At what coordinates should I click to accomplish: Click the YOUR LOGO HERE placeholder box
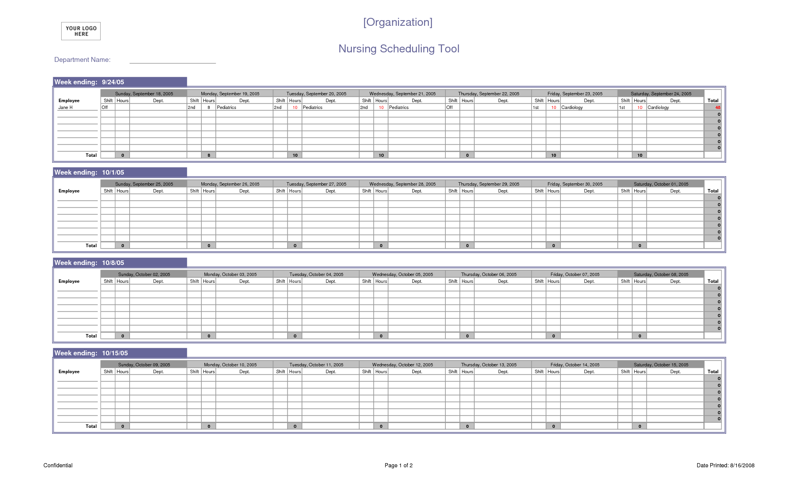(81, 31)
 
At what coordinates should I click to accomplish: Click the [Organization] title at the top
(397, 22)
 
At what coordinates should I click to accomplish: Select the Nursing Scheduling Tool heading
(399, 49)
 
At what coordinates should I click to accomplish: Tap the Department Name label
(82, 60)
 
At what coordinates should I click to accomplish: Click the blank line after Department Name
(173, 61)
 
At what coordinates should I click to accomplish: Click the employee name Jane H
(65, 107)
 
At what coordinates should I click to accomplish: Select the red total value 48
(717, 107)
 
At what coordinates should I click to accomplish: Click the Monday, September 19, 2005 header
(230, 94)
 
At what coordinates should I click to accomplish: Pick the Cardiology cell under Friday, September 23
(572, 107)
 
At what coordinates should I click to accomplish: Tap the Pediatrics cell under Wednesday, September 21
(399, 107)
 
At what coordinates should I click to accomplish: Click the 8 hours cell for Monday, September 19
(209, 107)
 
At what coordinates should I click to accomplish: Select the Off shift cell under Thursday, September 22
(450, 107)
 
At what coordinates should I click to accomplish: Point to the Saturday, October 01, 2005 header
(661, 184)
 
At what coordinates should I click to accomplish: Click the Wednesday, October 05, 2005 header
(402, 274)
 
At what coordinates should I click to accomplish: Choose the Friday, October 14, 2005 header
(575, 365)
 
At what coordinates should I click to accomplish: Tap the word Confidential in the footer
(58, 465)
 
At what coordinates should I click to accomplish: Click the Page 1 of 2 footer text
(398, 465)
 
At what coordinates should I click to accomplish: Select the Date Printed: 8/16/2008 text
(725, 465)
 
